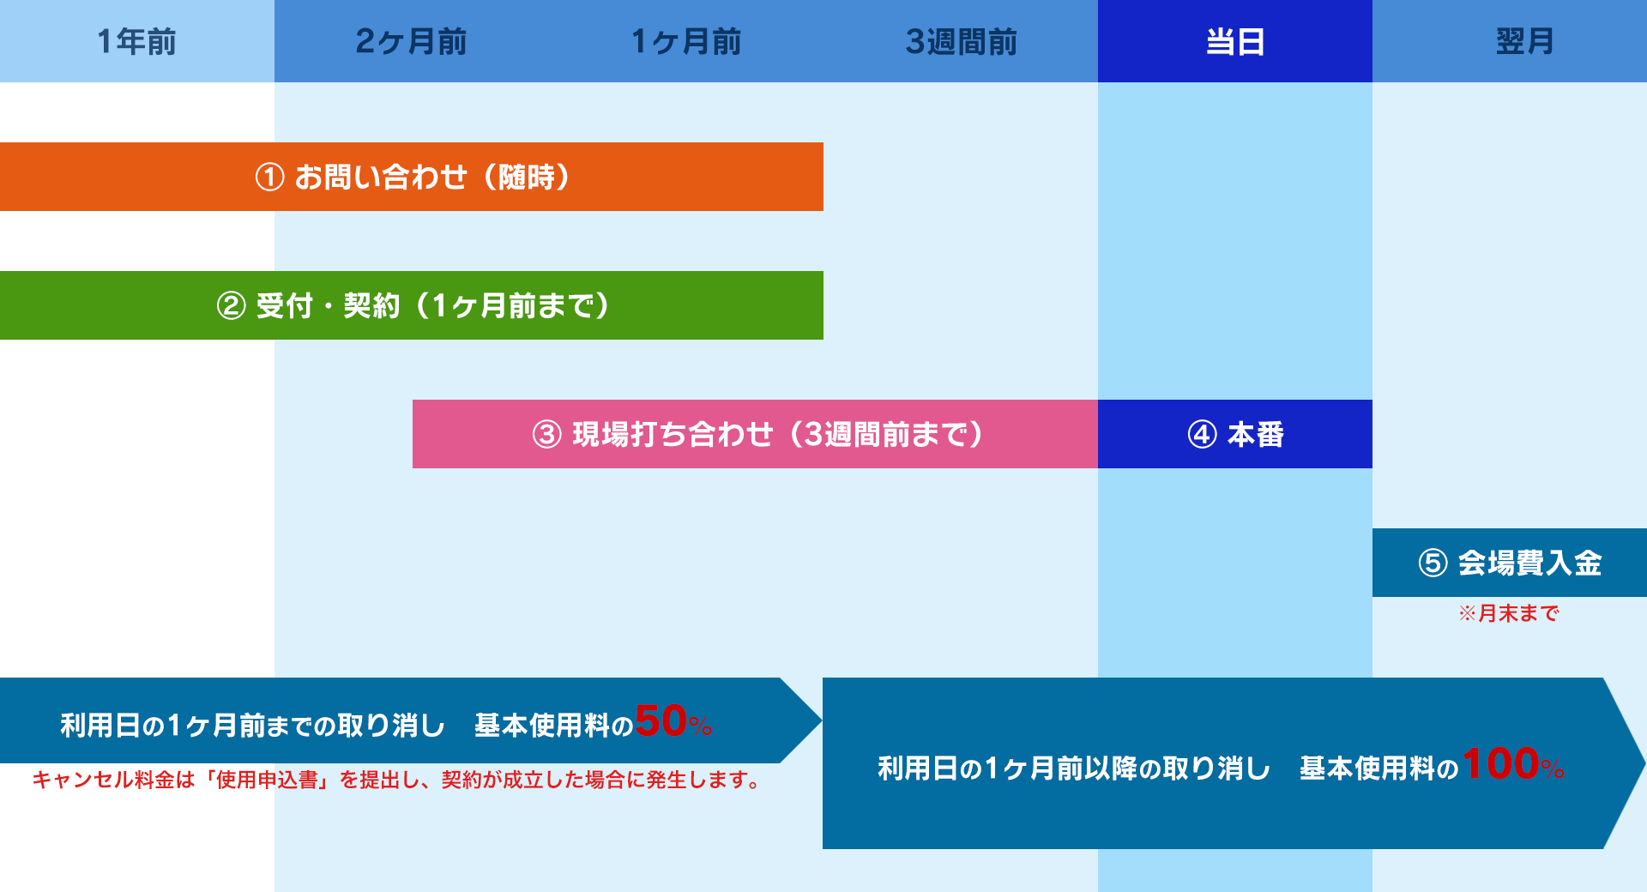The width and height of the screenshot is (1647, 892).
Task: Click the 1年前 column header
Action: coord(136,41)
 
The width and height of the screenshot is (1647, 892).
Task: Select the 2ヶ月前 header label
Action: coord(411,41)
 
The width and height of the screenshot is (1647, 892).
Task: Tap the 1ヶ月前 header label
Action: coord(685,41)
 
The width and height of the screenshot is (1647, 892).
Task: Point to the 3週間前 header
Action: coord(961,41)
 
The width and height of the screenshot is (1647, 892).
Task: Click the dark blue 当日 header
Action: coord(1234,41)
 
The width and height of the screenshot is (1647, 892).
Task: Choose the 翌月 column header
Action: coord(1524,41)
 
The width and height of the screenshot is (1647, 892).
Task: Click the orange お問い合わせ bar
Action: coord(412,177)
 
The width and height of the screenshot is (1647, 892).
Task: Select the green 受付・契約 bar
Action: coord(412,305)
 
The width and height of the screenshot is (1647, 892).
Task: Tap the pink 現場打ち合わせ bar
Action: coord(755,434)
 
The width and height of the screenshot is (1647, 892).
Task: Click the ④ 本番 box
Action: coord(1235,434)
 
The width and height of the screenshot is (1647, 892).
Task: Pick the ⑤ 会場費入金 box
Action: coord(1510,563)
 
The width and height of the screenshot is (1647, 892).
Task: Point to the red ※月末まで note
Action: coord(1509,613)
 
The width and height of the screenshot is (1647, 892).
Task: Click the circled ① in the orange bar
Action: coord(269,178)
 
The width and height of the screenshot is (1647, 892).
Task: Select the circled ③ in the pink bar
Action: coord(546,435)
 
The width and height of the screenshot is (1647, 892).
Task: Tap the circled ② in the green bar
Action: coord(231,306)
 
